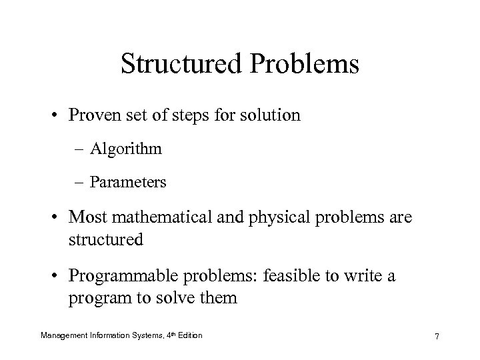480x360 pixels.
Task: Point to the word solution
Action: click(x=267, y=115)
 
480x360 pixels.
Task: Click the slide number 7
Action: click(x=437, y=337)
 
